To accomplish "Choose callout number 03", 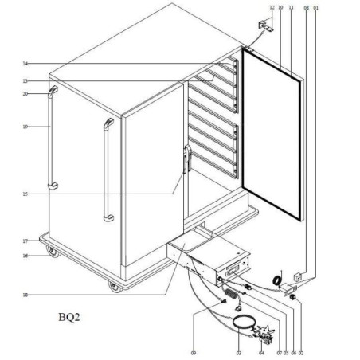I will pos(238,350).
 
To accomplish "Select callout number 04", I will pos(262,350).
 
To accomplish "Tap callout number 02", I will pos(301,350).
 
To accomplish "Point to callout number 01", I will pos(316,8).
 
